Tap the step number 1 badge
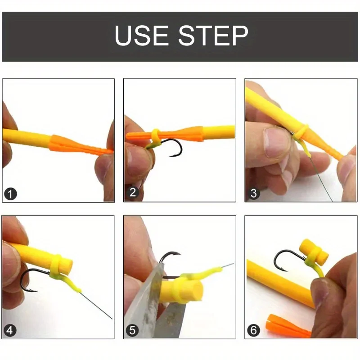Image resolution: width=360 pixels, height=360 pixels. (10, 194)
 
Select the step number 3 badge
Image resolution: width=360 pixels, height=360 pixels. (253, 194)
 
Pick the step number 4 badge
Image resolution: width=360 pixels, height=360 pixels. (10, 331)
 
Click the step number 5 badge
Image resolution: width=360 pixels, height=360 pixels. (132, 331)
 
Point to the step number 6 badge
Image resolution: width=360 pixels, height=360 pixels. (253, 331)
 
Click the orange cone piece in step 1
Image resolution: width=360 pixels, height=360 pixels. (72, 144)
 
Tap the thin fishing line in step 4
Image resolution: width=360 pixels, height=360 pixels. (97, 306)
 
